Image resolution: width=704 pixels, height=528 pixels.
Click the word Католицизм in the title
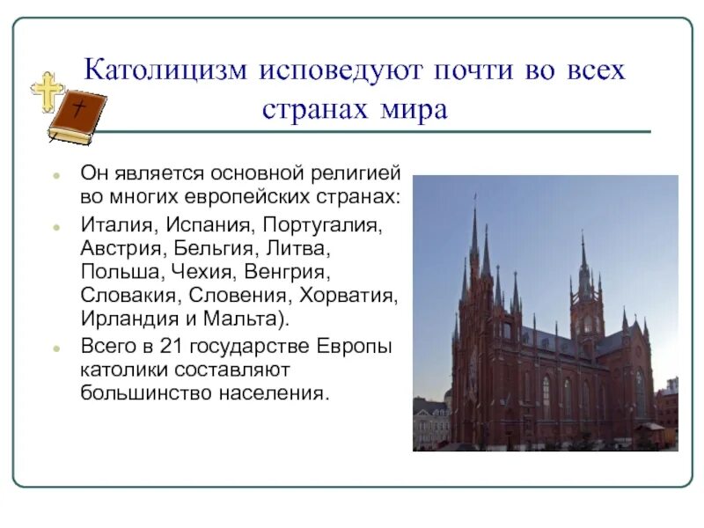click(x=164, y=70)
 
